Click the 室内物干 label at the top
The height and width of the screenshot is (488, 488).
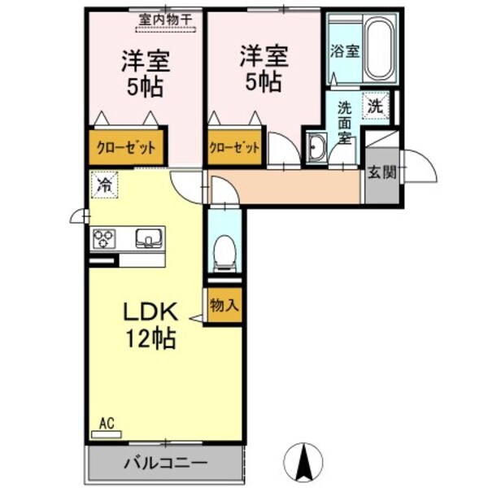point(164,17)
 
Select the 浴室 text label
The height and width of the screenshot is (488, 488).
point(344,51)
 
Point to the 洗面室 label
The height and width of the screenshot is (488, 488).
point(345,121)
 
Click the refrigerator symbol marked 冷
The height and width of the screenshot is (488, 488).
point(103,185)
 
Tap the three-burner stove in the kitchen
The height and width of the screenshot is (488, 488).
point(106,238)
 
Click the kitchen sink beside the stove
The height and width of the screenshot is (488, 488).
point(148,237)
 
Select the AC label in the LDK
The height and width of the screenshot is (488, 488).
point(106,423)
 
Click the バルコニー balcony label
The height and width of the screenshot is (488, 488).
point(165,464)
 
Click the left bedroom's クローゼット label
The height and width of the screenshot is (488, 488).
point(126,148)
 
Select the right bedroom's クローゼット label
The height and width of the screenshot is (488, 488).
point(235,148)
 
